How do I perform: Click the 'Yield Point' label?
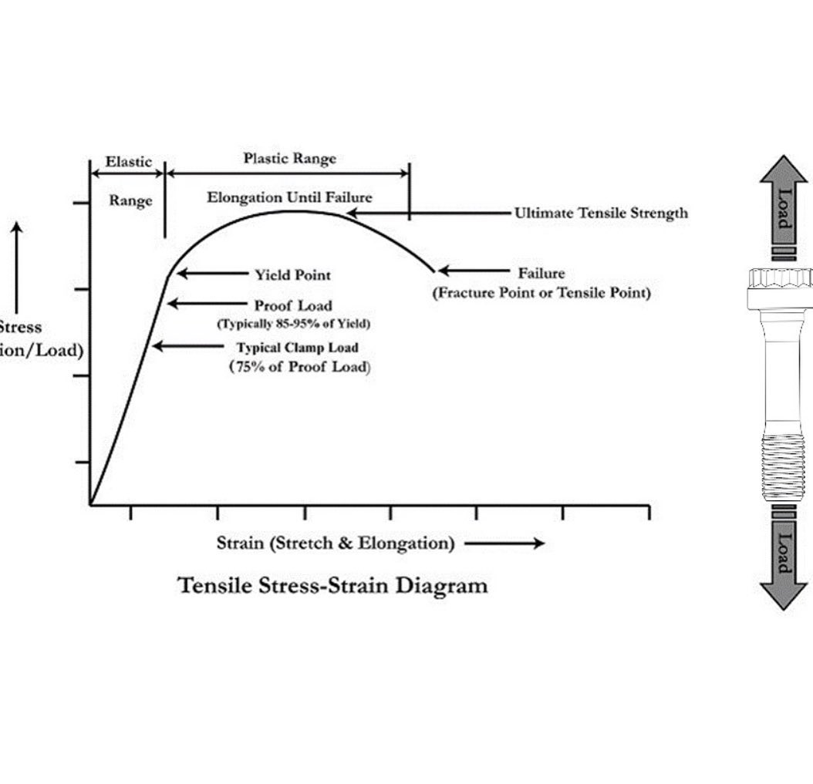pyautogui.click(x=292, y=274)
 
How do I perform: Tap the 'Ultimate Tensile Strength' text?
pyautogui.click(x=601, y=213)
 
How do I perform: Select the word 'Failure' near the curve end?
pyautogui.click(x=541, y=273)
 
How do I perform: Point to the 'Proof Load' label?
pyautogui.click(x=293, y=305)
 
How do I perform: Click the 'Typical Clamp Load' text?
pyautogui.click(x=297, y=348)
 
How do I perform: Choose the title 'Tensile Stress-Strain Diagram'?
pyautogui.click(x=332, y=585)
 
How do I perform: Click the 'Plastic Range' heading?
pyautogui.click(x=290, y=159)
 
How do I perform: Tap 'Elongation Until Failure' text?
pyautogui.click(x=289, y=198)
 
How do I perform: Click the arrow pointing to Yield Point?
pyautogui.click(x=210, y=274)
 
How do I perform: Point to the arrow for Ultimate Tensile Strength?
pyautogui.click(x=427, y=213)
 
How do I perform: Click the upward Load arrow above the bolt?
pyautogui.click(x=784, y=202)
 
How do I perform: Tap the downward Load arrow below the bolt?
pyautogui.click(x=784, y=562)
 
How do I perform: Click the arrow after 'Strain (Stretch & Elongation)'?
pyautogui.click(x=504, y=543)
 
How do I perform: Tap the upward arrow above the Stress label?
pyautogui.click(x=17, y=266)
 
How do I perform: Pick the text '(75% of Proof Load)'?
pyautogui.click(x=299, y=367)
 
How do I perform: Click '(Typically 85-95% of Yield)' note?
pyautogui.click(x=293, y=323)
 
